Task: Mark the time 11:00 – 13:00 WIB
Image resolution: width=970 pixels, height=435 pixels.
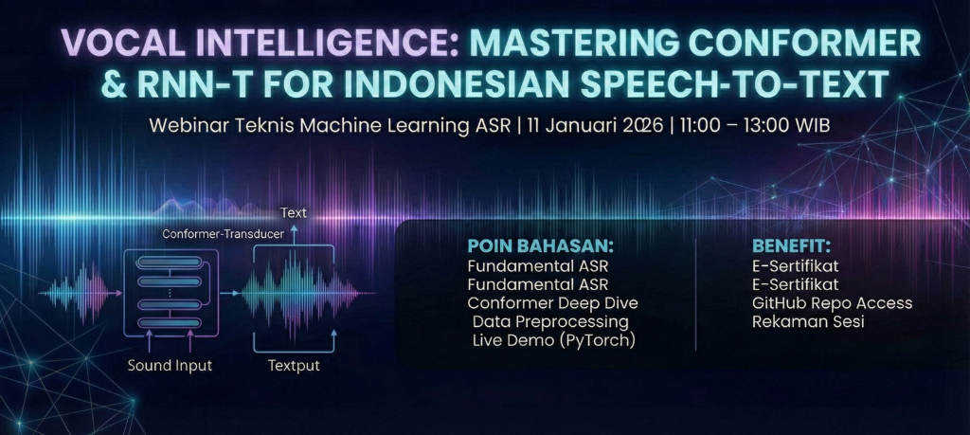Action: coord(754,126)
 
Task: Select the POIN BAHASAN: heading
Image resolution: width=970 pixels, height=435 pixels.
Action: coord(540,246)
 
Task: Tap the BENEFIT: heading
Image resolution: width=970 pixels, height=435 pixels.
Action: coord(791,246)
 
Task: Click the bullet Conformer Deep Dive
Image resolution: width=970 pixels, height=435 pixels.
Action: coord(552,303)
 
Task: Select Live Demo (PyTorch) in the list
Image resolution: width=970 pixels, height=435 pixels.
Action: coord(554,340)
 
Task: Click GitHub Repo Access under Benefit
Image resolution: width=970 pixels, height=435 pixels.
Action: coord(832,303)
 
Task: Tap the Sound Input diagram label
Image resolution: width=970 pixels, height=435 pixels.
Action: coord(171,365)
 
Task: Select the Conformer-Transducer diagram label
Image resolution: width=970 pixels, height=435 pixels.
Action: coord(223,233)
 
